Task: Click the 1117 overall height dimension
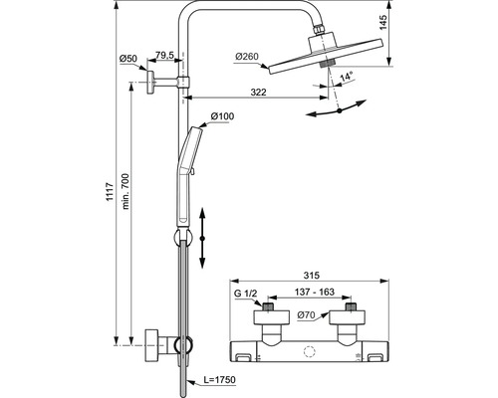111,192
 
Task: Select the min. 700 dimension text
125,191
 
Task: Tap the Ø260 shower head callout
247,57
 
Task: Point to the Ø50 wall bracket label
128,59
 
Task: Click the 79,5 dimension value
164,56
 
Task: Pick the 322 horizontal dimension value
258,92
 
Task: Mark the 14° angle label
346,77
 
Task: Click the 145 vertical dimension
383,22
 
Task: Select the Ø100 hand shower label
222,116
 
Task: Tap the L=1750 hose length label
220,379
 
